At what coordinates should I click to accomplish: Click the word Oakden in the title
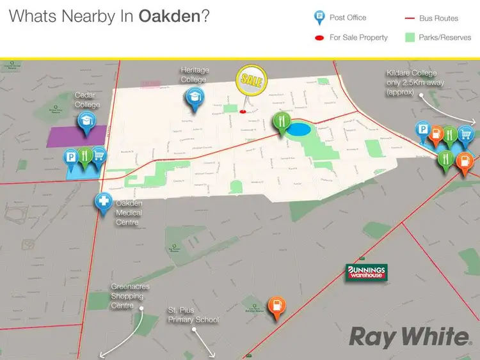coord(170,16)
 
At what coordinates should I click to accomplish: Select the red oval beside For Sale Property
coord(318,38)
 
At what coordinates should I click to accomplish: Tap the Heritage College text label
coord(195,74)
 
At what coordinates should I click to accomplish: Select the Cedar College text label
coord(87,100)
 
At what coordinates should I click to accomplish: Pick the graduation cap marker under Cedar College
coord(85,121)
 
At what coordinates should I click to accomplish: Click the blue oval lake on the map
coord(300,130)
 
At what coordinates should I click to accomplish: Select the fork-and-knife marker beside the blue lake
coord(280,121)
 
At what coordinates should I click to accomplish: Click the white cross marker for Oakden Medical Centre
coord(103,202)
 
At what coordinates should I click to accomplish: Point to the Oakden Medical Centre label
coord(129,212)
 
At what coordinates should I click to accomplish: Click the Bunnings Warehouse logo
coord(367,272)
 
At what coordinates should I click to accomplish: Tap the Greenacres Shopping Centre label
coord(130,296)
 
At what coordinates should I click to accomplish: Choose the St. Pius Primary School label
coord(193,315)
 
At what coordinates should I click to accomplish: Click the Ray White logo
coord(409,336)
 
